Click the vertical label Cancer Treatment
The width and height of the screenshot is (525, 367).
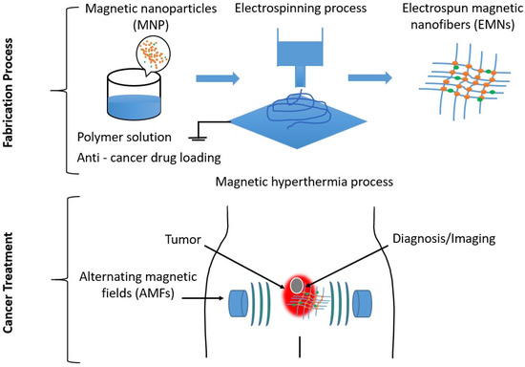click(x=12, y=277)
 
